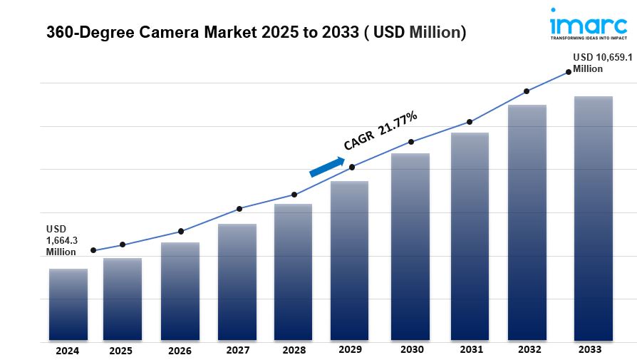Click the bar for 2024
coord(68,304)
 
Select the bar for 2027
coord(237,282)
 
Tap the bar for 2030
coord(410,247)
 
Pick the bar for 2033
coord(594,218)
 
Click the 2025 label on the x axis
coord(121,351)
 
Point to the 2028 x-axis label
coord(294,351)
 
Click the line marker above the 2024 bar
coord(93,250)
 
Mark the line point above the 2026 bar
coord(181,231)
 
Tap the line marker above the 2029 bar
coord(352,168)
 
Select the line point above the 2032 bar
coord(527,91)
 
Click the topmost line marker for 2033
coord(569,71)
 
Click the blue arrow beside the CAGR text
coord(326,165)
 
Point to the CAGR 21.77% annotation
coord(380,131)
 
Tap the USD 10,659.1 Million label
coord(599,63)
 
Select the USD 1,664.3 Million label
coord(62,240)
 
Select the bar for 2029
coord(349,261)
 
